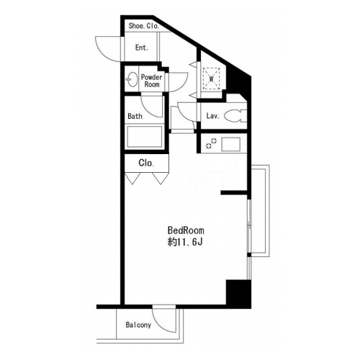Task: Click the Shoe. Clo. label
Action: coord(144,26)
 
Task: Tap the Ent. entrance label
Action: coord(142,48)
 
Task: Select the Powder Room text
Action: coord(152,81)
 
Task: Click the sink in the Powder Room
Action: coord(132,79)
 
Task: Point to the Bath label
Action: coord(135,116)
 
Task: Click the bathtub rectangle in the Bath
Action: coord(145,137)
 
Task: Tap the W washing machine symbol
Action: coord(212,78)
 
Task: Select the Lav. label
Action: coord(213,116)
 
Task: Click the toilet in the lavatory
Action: coord(235,116)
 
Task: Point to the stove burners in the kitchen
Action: coord(211,143)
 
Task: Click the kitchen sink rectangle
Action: coord(231,144)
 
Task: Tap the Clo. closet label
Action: coord(146,163)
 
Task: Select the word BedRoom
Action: coord(186,230)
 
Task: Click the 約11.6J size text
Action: coord(185,242)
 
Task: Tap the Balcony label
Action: coord(138,325)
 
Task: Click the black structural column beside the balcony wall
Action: coord(238,294)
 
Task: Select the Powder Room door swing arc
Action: coord(182,85)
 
